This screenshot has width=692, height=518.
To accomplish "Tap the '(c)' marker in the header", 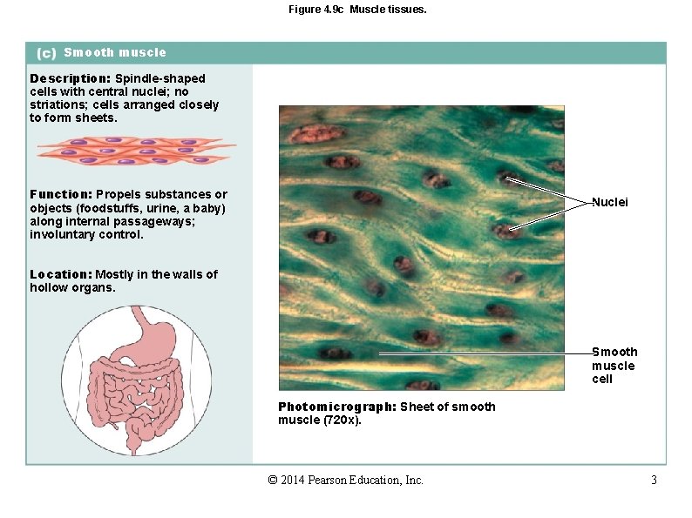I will click(46, 53).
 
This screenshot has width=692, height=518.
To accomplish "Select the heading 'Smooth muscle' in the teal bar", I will click(115, 52).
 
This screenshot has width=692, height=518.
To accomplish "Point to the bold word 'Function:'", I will click(61, 194).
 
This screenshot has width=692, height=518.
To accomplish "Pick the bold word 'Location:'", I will click(61, 274).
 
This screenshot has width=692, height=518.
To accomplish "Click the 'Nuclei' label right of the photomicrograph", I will click(610, 202).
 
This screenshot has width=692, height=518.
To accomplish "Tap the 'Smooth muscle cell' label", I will click(614, 366).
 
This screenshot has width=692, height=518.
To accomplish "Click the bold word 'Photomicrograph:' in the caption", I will click(337, 407).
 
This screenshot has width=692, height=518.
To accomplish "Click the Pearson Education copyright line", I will click(346, 481).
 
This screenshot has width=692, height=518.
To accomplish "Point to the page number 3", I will click(654, 481).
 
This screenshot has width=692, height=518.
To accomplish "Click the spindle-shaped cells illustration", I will click(135, 151).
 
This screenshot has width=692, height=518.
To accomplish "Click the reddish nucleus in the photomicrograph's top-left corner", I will click(306, 132).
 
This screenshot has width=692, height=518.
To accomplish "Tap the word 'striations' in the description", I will click(60, 104).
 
